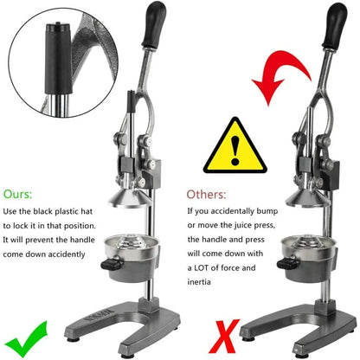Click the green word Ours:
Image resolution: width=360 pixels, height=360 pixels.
coord(21,194)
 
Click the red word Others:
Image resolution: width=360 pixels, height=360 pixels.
coord(205,194)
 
